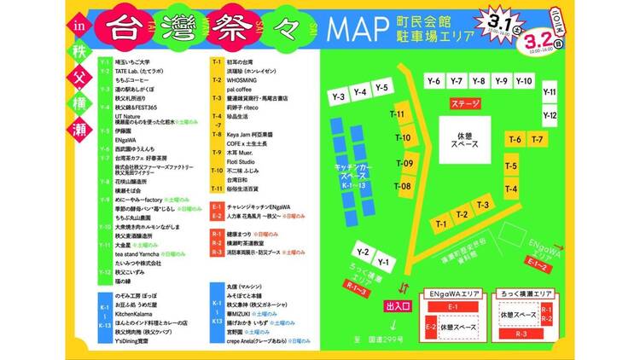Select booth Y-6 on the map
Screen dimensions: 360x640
click(x=433, y=81)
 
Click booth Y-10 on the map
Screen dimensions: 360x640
click(x=524, y=81)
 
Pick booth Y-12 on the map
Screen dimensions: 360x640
click(x=550, y=115)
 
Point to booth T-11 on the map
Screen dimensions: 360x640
click(x=398, y=114)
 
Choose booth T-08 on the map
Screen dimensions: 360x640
click(x=405, y=186)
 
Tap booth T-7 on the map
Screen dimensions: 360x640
click(x=537, y=139)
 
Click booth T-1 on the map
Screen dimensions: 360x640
click(x=441, y=224)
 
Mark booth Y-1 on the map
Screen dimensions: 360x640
click(x=384, y=262)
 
